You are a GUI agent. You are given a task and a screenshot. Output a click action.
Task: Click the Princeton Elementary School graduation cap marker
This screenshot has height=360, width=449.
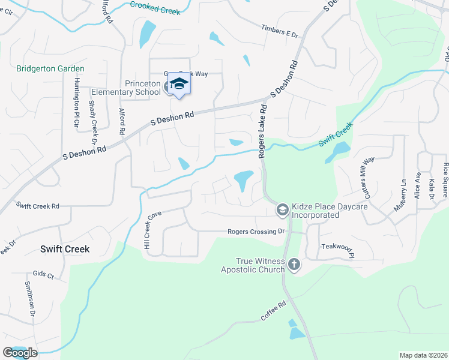[x=179, y=83]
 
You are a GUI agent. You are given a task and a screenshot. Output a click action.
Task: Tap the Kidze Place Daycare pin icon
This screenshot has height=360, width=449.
[x=282, y=209]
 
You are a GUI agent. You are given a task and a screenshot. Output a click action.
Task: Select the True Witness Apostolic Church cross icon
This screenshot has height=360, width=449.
[x=294, y=263]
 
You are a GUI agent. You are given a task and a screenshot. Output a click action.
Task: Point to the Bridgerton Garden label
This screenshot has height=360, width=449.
[x=50, y=68]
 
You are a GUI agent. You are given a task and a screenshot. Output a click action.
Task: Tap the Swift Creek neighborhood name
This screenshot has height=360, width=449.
[x=65, y=248]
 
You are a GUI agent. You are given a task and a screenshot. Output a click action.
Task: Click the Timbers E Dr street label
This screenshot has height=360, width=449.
[x=280, y=31]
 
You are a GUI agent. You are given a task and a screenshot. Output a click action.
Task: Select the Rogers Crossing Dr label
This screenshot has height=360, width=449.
[x=256, y=232]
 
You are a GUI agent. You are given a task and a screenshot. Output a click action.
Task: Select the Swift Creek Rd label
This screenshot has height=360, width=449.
[x=38, y=206]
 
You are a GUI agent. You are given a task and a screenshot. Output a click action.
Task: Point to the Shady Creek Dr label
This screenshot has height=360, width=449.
[x=93, y=122]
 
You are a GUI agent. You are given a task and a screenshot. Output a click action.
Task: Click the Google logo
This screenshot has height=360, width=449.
[x=20, y=352]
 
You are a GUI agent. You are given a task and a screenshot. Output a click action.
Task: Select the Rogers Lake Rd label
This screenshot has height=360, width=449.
[x=262, y=131]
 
